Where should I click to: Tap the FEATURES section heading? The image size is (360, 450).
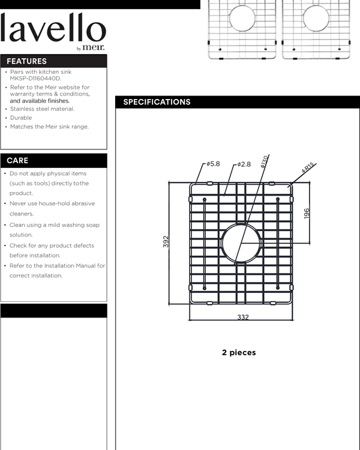pyautogui.click(x=26, y=61)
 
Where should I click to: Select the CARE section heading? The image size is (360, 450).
pyautogui.click(x=17, y=161)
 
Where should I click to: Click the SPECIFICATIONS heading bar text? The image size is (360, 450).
pyautogui.click(x=157, y=102)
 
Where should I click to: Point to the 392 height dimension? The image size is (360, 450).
pyautogui.click(x=166, y=241)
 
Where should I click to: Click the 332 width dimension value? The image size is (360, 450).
pyautogui.click(x=242, y=317)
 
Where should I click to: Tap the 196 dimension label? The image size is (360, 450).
pyautogui.click(x=307, y=213)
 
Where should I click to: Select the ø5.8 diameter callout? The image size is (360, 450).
pyautogui.click(x=213, y=164)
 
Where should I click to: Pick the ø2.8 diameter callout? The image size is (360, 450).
pyautogui.click(x=244, y=164)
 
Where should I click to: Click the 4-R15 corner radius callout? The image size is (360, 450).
pyautogui.click(x=308, y=167)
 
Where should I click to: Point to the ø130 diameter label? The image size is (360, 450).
pyautogui.click(x=264, y=161)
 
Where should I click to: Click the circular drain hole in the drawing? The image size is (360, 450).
pyautogui.click(x=242, y=242)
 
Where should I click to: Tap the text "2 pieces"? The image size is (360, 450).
pyautogui.click(x=239, y=353)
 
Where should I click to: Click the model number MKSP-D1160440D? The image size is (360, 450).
pyautogui.click(x=35, y=79)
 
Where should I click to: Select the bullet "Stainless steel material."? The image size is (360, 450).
pyautogui.click(x=42, y=109)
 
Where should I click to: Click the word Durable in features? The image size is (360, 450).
pyautogui.click(x=21, y=118)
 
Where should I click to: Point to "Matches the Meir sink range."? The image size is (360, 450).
pyautogui.click(x=49, y=127)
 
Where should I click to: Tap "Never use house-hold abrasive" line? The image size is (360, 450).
pyautogui.click(x=52, y=203)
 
